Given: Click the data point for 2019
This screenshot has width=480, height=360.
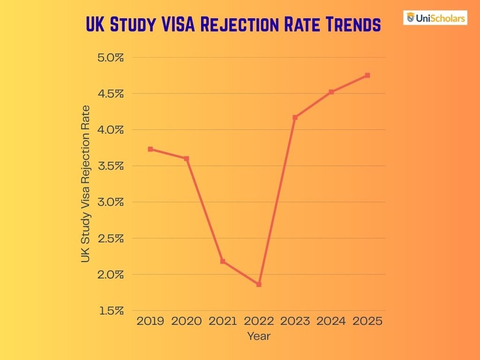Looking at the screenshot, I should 150,149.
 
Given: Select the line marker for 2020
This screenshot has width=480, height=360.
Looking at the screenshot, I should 187,159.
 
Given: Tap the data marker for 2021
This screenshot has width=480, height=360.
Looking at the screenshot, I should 223,261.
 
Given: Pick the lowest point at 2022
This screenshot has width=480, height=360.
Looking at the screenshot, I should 259,285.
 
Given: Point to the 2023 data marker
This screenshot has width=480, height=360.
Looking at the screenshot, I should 295,117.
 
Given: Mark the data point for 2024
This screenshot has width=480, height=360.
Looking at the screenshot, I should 331,92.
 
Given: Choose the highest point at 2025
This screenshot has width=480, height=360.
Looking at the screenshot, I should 367,75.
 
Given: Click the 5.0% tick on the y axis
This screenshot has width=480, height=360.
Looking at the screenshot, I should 111,58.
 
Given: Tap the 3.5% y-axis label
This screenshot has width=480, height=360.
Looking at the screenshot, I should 111,166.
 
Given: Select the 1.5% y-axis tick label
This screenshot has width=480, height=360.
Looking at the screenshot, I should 111,311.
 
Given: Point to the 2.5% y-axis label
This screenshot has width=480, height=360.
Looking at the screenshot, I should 111,238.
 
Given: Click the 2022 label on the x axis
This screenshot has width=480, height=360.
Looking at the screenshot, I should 259,321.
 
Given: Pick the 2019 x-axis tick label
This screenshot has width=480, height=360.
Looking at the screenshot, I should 150,321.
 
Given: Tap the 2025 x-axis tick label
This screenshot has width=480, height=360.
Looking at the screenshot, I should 367,321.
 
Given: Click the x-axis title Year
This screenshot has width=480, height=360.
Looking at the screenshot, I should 259,336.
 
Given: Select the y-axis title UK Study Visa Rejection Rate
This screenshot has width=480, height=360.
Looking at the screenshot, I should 85,184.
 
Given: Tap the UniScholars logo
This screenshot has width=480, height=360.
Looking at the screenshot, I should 435,18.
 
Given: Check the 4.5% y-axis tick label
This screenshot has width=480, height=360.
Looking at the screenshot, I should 111,94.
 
